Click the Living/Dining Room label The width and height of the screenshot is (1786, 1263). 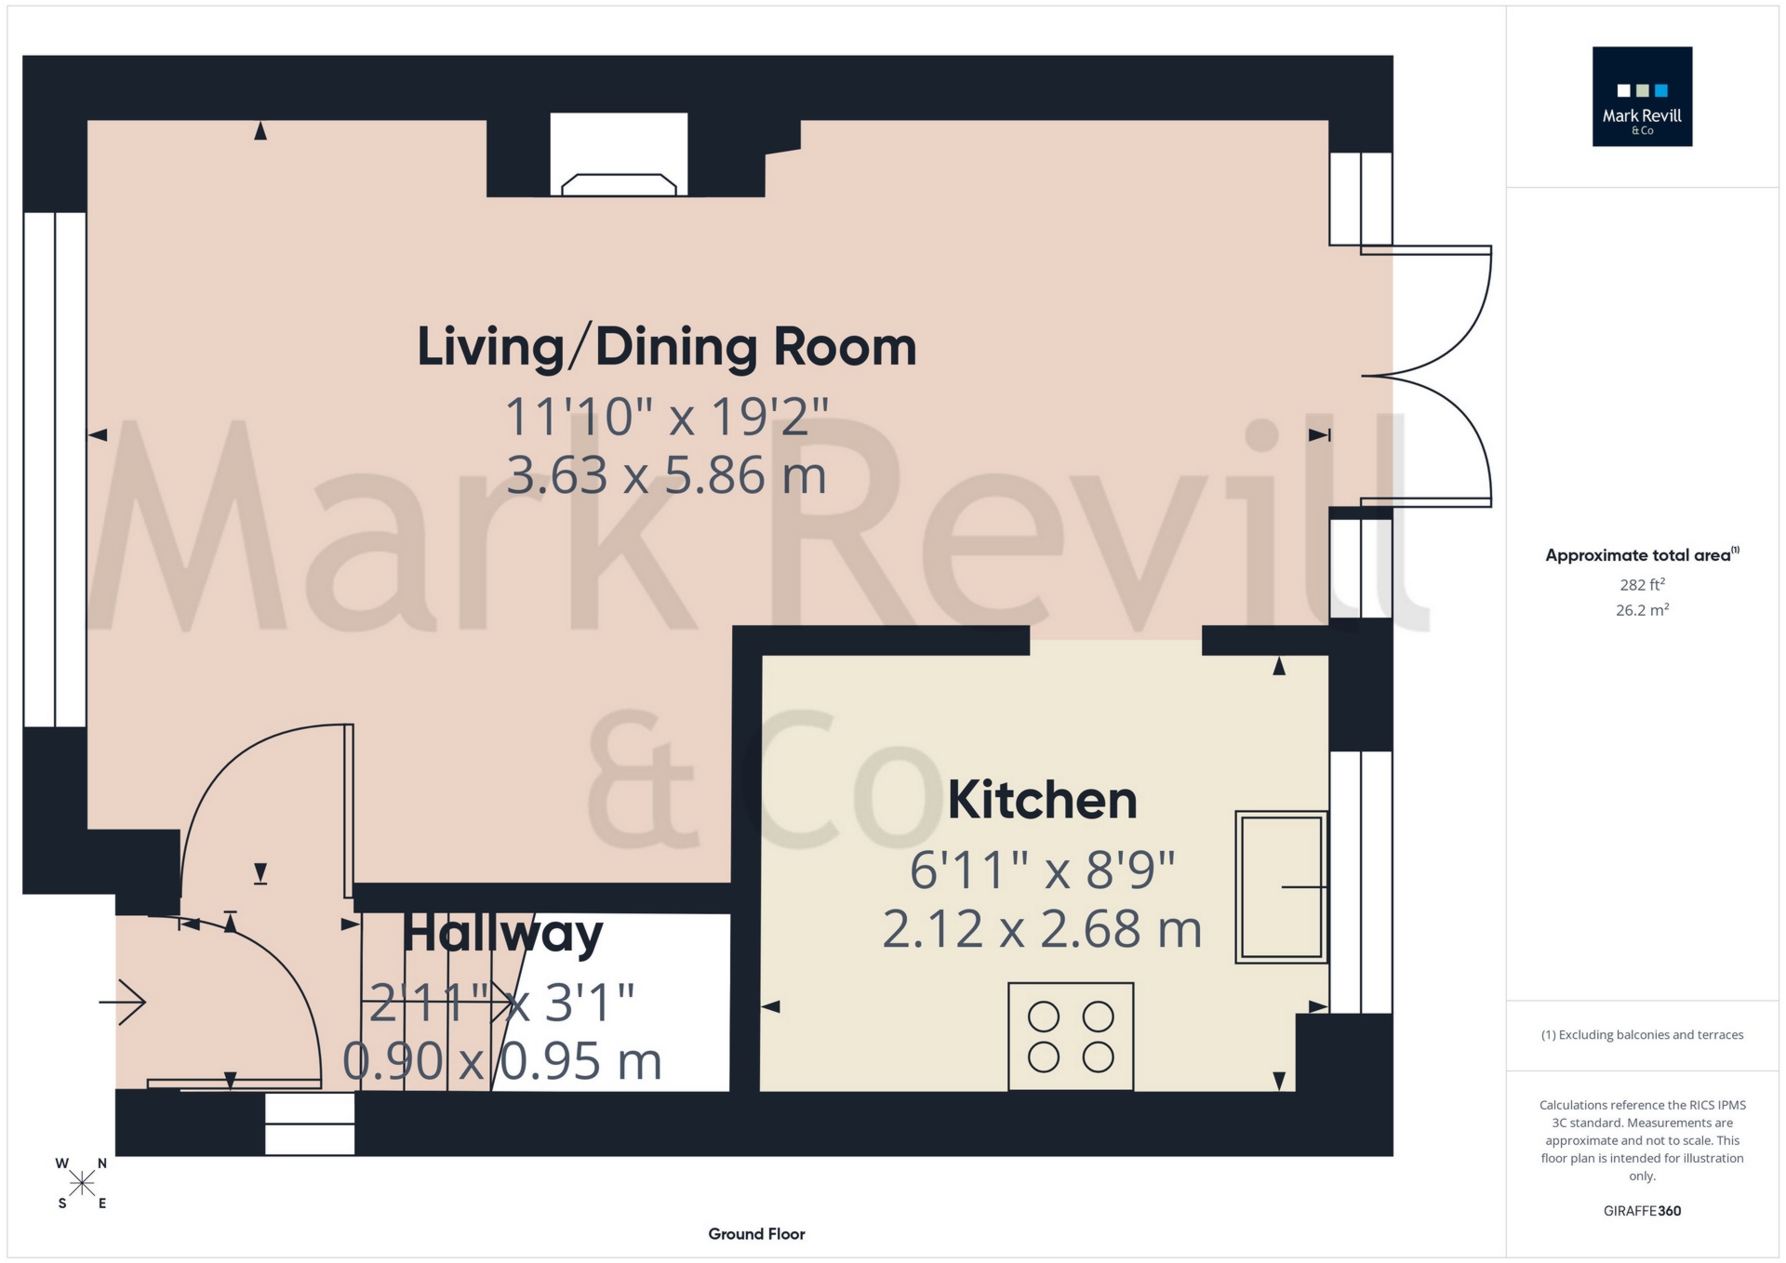point(666,348)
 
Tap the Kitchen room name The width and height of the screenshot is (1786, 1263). point(1042,800)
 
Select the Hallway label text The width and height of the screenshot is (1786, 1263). point(502,934)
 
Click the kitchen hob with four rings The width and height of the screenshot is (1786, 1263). point(1071,1036)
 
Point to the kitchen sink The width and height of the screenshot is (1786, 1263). point(1281,886)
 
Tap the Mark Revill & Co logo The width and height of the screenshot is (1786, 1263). point(1642,97)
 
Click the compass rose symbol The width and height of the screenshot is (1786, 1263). point(82,1183)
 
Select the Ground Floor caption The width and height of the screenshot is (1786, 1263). point(756,1234)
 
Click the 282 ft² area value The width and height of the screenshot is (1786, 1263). point(1642,585)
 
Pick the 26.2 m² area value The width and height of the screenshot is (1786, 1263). point(1642,610)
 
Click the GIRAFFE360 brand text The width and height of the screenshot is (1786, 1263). point(1642,1211)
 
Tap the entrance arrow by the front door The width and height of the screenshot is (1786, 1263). point(123,1002)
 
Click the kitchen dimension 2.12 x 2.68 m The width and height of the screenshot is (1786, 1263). point(1042,929)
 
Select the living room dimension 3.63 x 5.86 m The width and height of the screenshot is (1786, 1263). point(666,475)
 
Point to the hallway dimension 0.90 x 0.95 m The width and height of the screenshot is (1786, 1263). point(502,1061)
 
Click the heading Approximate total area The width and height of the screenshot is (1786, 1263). point(1642,555)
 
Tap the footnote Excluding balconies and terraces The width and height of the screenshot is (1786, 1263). point(1642,1035)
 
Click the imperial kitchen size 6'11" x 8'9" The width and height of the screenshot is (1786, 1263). point(1042,871)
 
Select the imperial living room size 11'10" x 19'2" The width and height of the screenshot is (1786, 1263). point(666,417)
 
